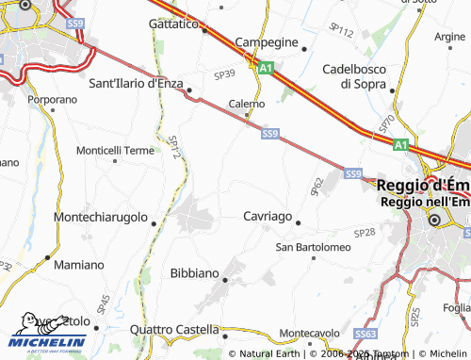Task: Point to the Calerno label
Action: click(x=247, y=104)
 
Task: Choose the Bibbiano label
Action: click(x=193, y=272)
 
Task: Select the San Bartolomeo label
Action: click(x=313, y=247)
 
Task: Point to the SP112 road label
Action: click(x=343, y=33)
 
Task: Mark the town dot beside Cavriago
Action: click(x=298, y=223)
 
